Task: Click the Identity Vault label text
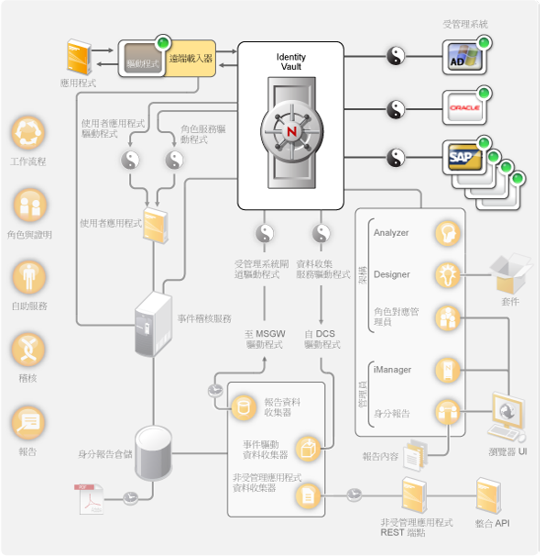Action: [291, 61]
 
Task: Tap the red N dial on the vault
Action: [292, 131]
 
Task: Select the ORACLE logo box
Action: [464, 108]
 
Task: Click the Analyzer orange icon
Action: [447, 232]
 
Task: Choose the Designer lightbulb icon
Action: [447, 274]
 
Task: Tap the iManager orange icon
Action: [447, 370]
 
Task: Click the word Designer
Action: [391, 274]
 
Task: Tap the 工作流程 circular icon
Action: [27, 134]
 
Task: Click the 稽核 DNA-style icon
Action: [27, 350]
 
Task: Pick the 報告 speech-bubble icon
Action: [27, 422]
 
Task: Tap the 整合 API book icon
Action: [489, 496]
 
